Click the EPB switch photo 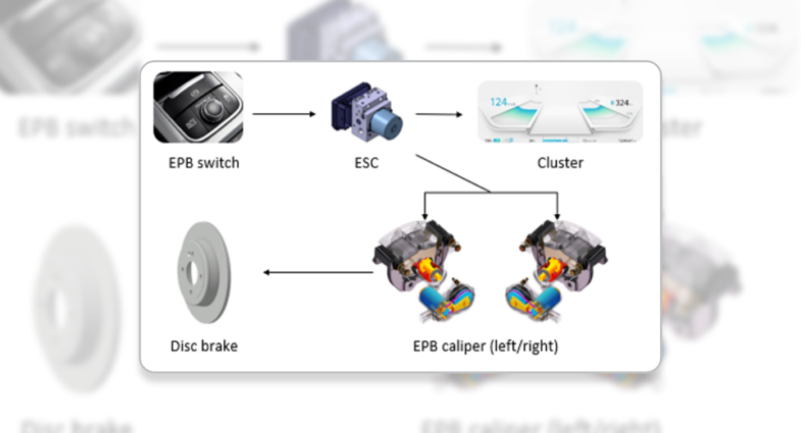click(198, 107)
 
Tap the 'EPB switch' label click(204, 164)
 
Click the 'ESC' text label click(365, 164)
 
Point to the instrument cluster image click(560, 112)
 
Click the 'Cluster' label click(560, 164)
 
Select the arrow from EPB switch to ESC click(284, 114)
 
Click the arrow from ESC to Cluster click(439, 114)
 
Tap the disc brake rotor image click(200, 272)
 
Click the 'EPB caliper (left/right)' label click(486, 345)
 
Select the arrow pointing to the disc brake click(318, 272)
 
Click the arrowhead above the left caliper click(424, 215)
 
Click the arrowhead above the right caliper click(557, 215)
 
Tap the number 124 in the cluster click(499, 102)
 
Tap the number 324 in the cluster click(622, 103)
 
